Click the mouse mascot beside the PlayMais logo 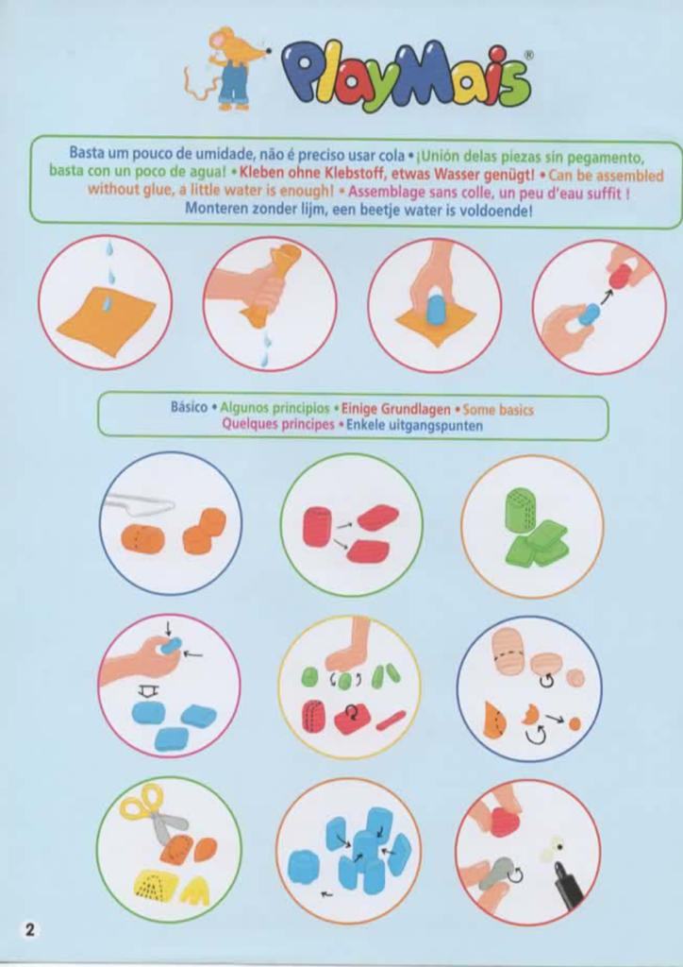tap(225, 69)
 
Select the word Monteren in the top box tap(214, 209)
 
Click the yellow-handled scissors tap(154, 809)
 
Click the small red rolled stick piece tap(391, 721)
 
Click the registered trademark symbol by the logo tap(528, 55)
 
